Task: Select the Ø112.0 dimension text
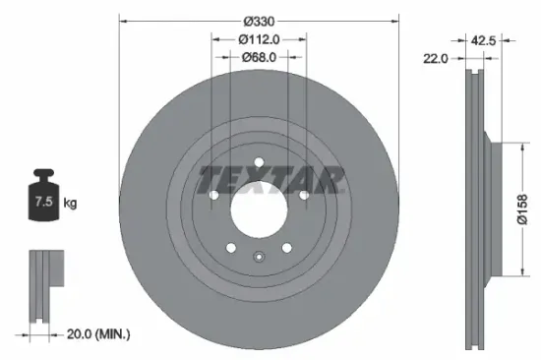click(x=260, y=39)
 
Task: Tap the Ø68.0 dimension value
click(x=260, y=58)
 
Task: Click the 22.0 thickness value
click(x=436, y=59)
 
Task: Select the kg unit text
click(x=71, y=204)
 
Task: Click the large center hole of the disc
click(x=259, y=207)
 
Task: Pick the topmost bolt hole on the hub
click(x=259, y=163)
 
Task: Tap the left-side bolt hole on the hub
click(x=213, y=195)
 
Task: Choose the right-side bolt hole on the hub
click(x=304, y=195)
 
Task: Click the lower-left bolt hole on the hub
click(x=230, y=248)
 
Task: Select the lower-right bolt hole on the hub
click(x=287, y=248)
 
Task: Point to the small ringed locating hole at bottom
click(x=259, y=259)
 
